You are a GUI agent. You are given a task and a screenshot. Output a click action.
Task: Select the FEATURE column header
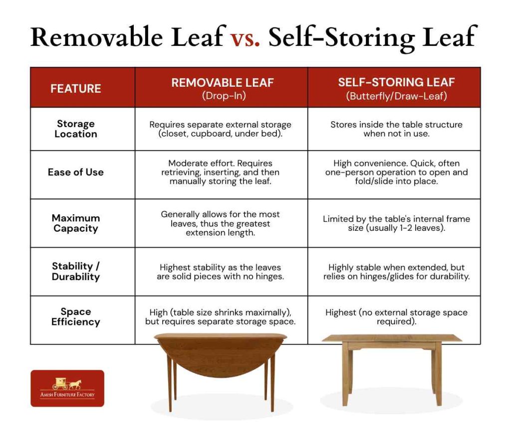76,89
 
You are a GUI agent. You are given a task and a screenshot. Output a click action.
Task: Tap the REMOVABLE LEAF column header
223,83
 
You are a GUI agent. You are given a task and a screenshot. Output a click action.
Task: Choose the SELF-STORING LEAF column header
396,83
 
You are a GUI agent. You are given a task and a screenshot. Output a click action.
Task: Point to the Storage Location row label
76,129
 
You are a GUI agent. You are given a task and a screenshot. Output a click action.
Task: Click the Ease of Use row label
76,172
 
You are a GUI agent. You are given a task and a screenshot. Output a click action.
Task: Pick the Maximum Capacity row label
76,223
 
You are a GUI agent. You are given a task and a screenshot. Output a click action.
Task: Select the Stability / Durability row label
76,272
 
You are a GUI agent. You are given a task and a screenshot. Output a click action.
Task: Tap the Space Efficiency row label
76,317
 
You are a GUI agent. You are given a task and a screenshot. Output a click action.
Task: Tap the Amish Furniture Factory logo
67,388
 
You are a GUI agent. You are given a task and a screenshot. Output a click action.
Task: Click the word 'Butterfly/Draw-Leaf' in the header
396,96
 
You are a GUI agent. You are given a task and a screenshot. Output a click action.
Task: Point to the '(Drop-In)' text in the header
223,96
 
